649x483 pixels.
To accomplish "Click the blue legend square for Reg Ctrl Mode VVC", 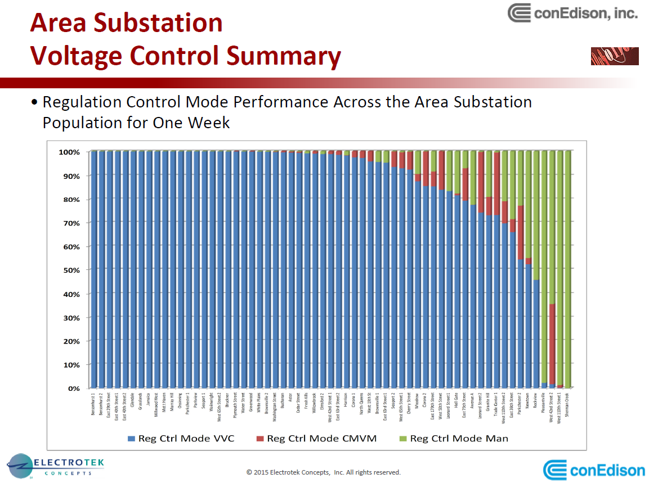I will tap(132, 439).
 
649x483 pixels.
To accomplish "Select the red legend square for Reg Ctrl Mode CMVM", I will tap(259, 439).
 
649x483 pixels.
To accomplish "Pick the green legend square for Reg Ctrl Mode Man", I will tap(402, 439).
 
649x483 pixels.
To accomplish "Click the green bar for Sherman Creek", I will tap(567, 270).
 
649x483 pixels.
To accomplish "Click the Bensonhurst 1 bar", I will tap(93, 270).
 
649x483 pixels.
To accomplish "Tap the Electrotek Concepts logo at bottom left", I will tap(55, 466).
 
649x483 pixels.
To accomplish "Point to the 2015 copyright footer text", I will tap(324, 472).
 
